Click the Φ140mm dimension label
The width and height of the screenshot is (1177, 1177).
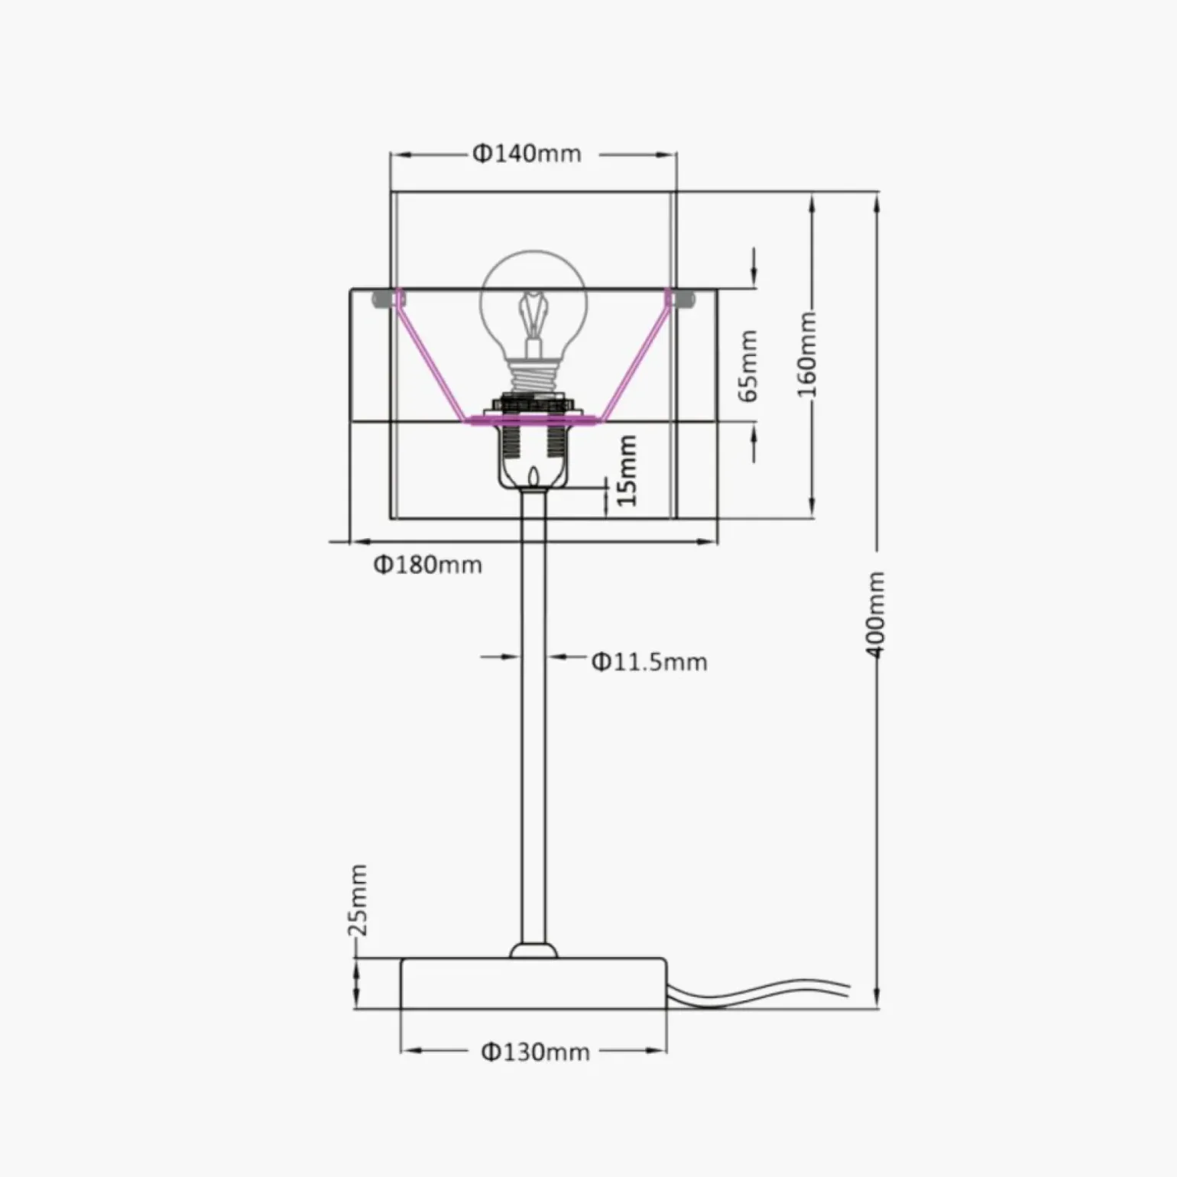pyautogui.click(x=527, y=154)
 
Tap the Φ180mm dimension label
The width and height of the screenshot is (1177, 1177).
pyautogui.click(x=428, y=565)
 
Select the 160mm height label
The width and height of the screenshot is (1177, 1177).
pyautogui.click(x=807, y=354)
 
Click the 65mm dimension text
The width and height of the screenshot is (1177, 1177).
pyautogui.click(x=748, y=365)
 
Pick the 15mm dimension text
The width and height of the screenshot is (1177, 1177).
pyautogui.click(x=626, y=470)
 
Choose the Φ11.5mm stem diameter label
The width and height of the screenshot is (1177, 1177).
pyautogui.click(x=650, y=661)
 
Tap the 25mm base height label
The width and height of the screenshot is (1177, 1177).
pyautogui.click(x=357, y=900)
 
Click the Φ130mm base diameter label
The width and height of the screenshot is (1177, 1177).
pyautogui.click(x=535, y=1052)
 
